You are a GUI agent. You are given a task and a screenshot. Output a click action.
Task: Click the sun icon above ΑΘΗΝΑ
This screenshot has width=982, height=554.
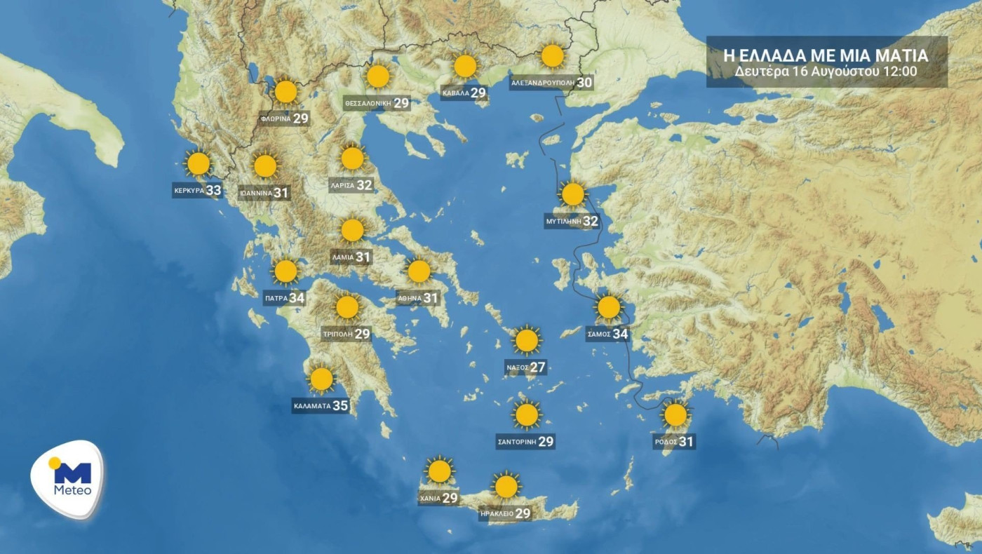coord(419,271)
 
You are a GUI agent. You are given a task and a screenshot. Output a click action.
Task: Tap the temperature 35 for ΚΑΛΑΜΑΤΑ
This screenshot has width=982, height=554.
coord(340,405)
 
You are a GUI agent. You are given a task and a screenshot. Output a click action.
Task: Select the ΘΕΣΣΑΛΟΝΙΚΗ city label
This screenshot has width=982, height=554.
coord(367,104)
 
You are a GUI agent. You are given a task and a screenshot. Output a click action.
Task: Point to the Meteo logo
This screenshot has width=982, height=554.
coord(68,480)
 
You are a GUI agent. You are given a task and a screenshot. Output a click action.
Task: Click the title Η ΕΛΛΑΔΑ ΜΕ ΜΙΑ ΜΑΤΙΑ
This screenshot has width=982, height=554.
coord(826,55)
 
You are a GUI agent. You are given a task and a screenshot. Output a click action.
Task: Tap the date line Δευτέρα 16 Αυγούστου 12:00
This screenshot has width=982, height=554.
coord(826,72)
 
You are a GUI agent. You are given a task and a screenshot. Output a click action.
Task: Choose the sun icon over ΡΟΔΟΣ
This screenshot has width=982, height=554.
coord(675,415)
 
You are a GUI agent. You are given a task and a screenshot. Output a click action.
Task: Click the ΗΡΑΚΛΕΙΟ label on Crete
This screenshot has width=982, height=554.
coord(496,514)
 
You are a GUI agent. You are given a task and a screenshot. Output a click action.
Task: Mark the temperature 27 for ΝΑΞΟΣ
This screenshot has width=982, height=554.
coord(537,367)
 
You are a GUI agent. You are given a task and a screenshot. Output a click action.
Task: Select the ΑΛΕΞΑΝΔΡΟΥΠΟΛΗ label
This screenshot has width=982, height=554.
coord(543,83)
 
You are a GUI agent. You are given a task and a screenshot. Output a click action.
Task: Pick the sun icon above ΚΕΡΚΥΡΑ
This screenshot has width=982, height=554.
coord(199,163)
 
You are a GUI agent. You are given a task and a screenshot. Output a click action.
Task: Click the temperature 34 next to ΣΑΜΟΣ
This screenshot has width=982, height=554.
coord(620,335)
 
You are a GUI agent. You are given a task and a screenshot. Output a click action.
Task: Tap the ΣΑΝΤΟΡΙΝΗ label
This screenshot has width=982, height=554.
coord(516,442)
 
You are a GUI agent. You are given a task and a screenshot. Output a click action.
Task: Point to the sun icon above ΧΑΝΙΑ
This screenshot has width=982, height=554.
coord(439,471)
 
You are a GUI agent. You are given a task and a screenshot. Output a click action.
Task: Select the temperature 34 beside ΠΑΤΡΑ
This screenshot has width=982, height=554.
coord(297,298)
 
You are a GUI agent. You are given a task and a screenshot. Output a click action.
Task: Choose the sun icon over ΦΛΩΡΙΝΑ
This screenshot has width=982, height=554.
coord(285,92)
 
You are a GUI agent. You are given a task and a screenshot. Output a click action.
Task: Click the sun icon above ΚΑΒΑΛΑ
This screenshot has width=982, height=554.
coord(465,67)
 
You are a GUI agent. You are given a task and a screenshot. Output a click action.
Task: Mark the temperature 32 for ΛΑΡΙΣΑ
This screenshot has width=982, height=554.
coord(364,186)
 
